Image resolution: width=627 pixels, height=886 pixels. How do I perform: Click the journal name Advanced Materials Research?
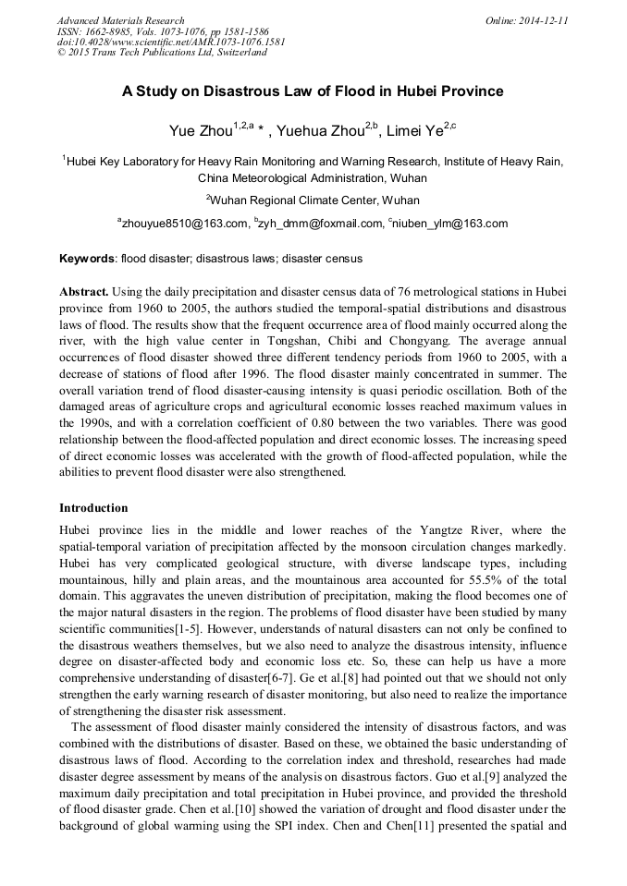(120, 20)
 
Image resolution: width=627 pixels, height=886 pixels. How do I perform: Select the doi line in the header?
(171, 42)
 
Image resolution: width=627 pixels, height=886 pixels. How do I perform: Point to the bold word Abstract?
(85, 290)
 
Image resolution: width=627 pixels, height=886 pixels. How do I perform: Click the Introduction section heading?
(93, 507)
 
